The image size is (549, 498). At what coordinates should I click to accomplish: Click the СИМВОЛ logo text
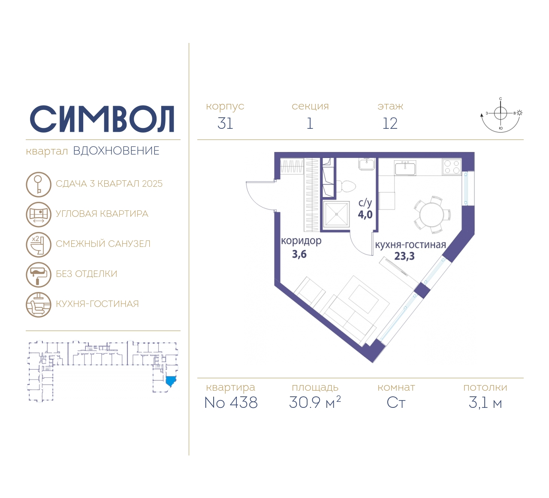coord(102,119)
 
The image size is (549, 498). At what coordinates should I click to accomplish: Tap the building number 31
coord(225,124)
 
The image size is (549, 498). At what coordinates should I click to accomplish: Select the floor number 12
coord(390,124)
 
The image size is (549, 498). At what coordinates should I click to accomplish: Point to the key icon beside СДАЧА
coord(39,184)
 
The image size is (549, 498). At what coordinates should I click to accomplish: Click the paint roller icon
coord(39,274)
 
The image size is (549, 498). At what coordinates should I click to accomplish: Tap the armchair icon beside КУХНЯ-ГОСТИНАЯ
coord(39,305)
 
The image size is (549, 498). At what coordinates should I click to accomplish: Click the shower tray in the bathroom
coord(336,214)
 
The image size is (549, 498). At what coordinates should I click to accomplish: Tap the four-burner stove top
coord(452,167)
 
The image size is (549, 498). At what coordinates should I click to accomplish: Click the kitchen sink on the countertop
coord(405,167)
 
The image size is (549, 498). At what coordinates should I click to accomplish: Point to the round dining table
coord(432,215)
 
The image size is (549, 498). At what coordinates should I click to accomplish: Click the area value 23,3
coord(404,256)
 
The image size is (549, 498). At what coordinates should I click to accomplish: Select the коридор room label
coord(301,241)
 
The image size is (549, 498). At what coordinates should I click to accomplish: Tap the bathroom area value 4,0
coord(365,215)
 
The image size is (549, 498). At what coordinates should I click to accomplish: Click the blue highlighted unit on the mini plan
coord(171,380)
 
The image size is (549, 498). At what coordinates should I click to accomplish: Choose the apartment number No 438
coord(231,403)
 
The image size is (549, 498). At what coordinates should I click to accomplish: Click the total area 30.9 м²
coord(315,402)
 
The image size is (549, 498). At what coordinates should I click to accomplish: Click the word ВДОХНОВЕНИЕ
coord(116,151)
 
